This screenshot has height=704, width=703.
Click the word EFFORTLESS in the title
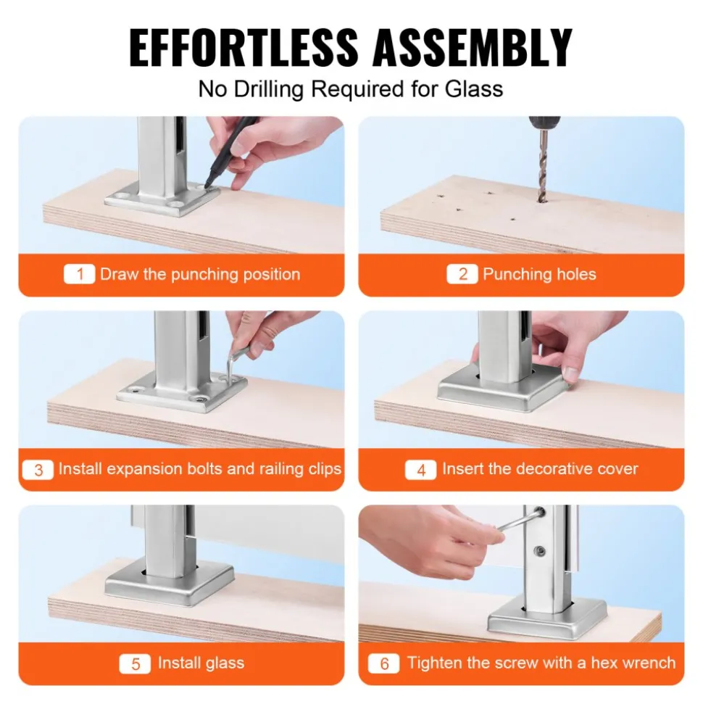point(244,47)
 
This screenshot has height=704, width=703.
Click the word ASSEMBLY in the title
point(473,47)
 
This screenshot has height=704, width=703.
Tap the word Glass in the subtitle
point(473,88)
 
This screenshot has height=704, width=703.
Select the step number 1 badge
point(80,274)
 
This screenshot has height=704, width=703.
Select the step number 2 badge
point(462,274)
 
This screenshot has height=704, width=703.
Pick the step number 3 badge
point(38,470)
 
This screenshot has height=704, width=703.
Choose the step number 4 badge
point(420,470)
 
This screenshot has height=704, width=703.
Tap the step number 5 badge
point(135,664)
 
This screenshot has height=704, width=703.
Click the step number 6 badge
point(384,664)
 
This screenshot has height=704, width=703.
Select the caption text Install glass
point(201,663)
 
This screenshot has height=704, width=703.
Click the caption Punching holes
point(540,274)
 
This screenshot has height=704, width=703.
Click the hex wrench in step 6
point(521,522)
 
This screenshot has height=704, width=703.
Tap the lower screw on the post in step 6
point(541,550)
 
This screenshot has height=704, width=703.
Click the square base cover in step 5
point(170,583)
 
